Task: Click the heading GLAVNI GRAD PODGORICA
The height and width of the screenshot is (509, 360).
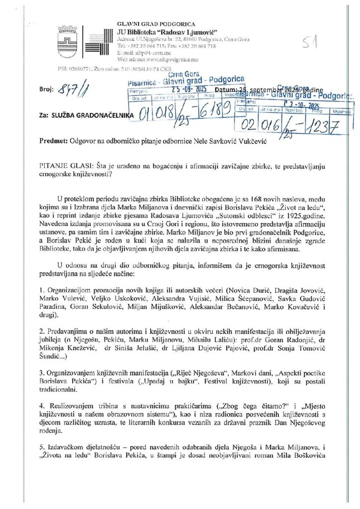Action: [156, 24]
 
